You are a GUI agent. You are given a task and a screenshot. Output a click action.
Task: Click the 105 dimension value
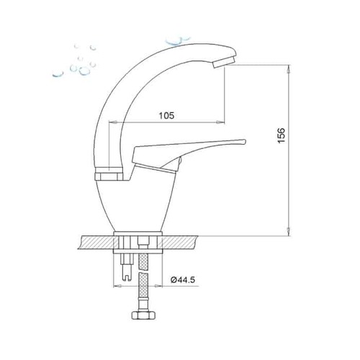click(166, 116)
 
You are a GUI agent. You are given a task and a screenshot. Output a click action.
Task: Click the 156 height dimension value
click(282, 135)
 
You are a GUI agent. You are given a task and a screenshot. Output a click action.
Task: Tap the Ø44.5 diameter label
click(183, 280)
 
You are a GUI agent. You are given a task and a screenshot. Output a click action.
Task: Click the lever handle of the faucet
click(187, 149)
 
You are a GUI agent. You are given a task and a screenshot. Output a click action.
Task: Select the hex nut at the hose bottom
click(143, 315)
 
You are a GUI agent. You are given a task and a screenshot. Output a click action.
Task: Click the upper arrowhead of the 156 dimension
click(289, 69)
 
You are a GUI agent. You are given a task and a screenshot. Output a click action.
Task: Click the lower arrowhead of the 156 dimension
click(289, 232)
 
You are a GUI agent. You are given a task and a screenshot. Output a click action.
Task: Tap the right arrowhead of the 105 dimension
click(221, 122)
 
